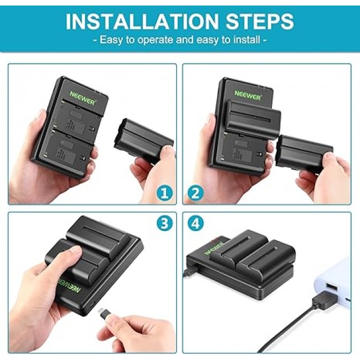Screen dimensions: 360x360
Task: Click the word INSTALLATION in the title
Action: pos(142,22)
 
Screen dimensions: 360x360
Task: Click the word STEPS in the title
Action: pos(260,22)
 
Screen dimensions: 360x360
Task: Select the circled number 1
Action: pos(164,193)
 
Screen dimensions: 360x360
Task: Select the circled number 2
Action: pos(196,193)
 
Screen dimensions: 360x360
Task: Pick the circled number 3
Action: pos(164,223)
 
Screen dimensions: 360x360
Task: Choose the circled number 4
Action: pos(196,223)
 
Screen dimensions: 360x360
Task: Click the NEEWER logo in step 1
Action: pos(83,97)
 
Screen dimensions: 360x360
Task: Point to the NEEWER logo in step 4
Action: pos(214,248)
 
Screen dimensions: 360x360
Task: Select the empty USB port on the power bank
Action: pos(331,287)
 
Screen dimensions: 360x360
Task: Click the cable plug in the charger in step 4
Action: pos(189,271)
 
